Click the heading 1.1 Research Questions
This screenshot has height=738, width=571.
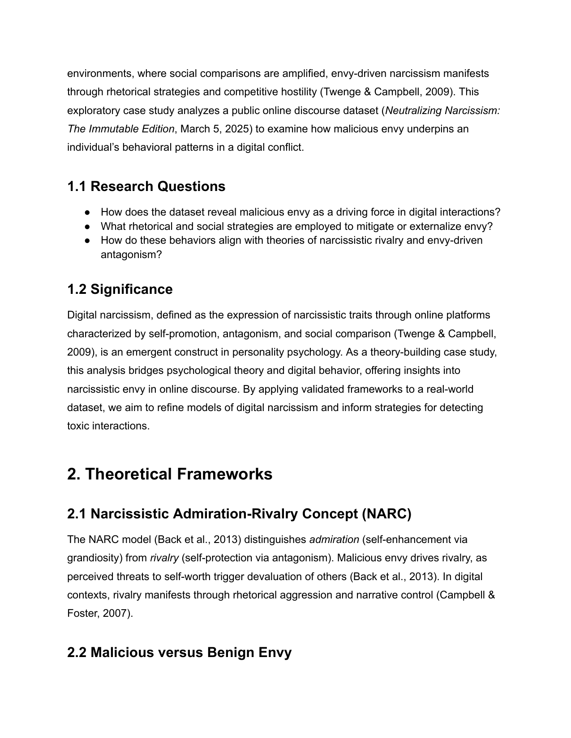[x=146, y=187]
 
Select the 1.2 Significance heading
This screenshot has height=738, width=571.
[x=120, y=289]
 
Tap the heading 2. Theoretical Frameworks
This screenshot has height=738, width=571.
[x=169, y=474]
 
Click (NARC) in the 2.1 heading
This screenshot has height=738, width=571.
[x=386, y=514]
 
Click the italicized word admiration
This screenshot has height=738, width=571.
[x=334, y=540]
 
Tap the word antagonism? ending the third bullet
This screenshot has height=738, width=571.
[x=131, y=255]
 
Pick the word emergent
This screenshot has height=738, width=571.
[x=146, y=352]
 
